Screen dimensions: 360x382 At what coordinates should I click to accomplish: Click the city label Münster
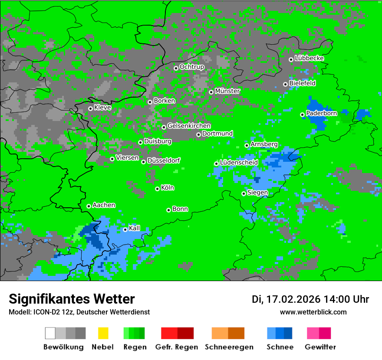coord(227,91)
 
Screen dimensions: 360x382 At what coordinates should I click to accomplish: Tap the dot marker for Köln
coord(157,189)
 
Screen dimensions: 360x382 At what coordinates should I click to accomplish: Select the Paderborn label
coord(322,113)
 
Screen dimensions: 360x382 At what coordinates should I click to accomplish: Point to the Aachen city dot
coord(89,206)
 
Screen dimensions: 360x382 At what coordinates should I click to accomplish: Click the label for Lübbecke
coord(310,58)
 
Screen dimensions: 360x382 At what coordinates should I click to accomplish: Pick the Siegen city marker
coord(244,193)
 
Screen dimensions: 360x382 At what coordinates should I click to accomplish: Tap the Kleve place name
coord(102,108)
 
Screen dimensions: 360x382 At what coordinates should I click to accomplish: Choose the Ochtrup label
coord(192,67)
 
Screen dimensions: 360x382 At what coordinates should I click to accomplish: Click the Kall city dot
coord(125,229)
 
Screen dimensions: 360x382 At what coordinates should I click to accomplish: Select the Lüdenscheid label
coord(239,163)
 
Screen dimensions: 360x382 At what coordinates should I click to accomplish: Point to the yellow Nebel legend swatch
coord(103,333)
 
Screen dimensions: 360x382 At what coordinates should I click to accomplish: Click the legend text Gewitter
coord(320,347)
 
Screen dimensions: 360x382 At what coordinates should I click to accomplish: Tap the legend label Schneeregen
coord(229,347)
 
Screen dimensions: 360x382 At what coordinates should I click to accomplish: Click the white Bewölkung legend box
coord(50,333)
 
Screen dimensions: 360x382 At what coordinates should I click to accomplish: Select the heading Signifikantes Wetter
coord(72,299)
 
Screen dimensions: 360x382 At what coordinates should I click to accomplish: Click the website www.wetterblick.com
coord(313,312)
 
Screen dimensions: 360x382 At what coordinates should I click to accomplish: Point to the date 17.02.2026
coord(293,299)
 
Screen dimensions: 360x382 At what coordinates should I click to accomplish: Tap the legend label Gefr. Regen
coord(177,347)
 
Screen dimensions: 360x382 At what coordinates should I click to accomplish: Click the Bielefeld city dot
coord(285,84)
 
